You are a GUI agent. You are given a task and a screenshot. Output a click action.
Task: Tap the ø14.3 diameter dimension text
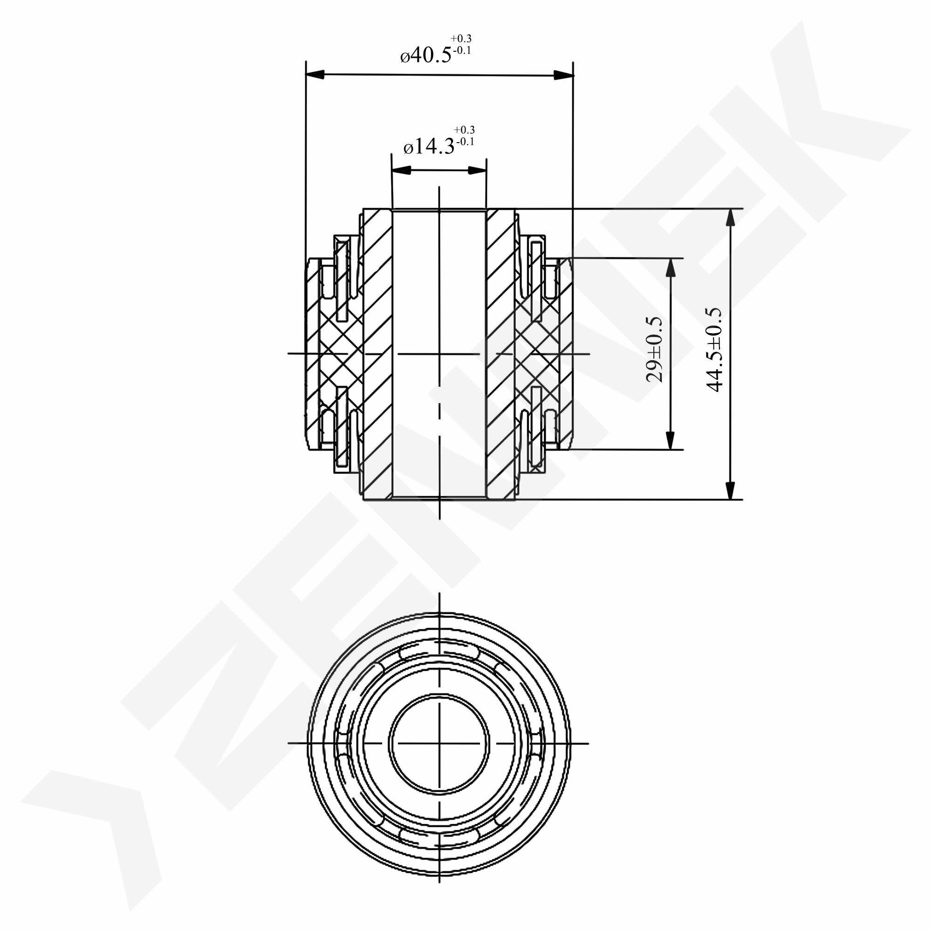click(429, 146)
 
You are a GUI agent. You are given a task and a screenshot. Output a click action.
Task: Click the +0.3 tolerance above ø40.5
click(461, 39)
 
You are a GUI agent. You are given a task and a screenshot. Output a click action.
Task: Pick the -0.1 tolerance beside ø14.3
click(464, 142)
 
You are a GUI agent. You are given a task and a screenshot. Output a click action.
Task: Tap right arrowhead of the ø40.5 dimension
click(563, 75)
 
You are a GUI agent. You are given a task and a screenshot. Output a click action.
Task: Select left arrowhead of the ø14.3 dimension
click(401, 170)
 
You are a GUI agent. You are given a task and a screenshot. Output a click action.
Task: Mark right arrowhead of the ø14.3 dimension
click(477, 170)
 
